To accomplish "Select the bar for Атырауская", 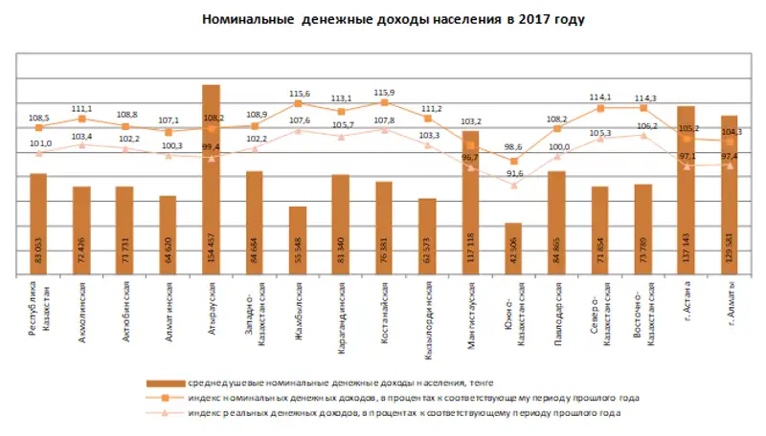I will [211, 182].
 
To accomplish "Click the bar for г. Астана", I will [685, 191].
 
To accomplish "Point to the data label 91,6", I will [515, 173].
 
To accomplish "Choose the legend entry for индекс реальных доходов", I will [403, 412].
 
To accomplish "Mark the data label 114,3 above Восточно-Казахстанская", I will [643, 98].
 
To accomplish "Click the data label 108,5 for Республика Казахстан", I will [39, 117].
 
